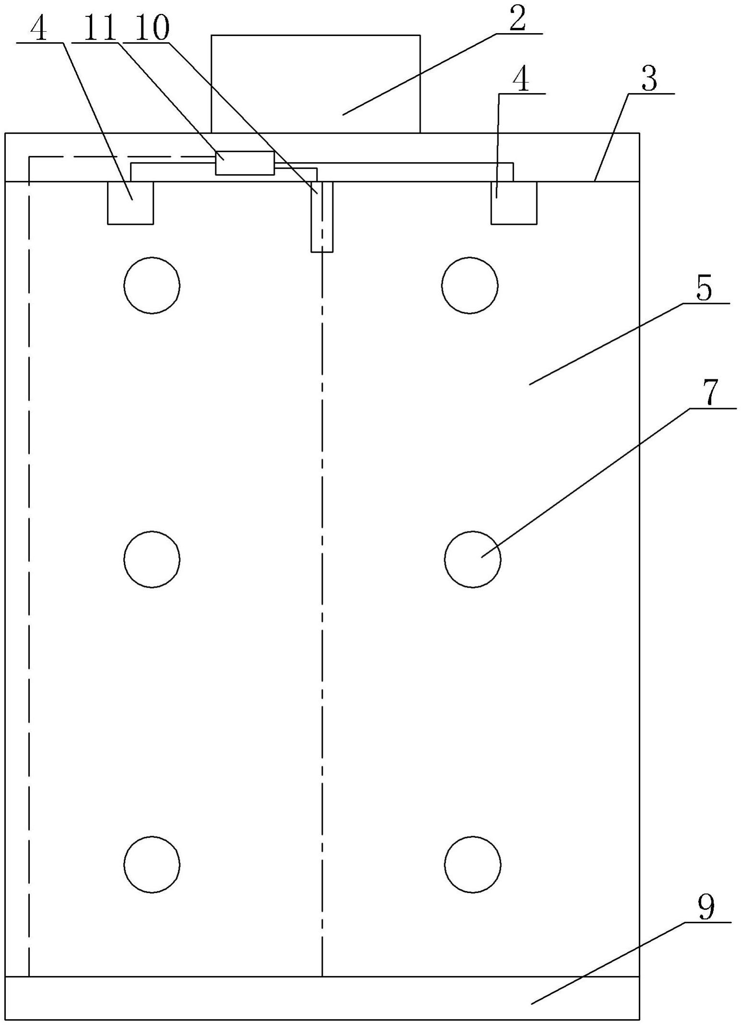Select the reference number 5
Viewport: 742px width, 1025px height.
pos(703,289)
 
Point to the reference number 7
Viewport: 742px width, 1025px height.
pos(711,393)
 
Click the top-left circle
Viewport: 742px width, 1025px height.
pos(152,285)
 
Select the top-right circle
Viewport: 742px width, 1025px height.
pos(470,285)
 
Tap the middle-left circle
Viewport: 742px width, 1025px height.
pos(152,559)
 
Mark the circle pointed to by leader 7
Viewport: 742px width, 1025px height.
pos(472,559)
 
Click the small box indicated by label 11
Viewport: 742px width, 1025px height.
pos(245,163)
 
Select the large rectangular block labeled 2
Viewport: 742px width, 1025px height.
pos(316,84)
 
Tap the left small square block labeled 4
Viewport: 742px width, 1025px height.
pos(130,202)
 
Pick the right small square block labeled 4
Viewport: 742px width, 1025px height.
pos(514,202)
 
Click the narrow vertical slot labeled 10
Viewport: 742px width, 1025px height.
pos(322,216)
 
